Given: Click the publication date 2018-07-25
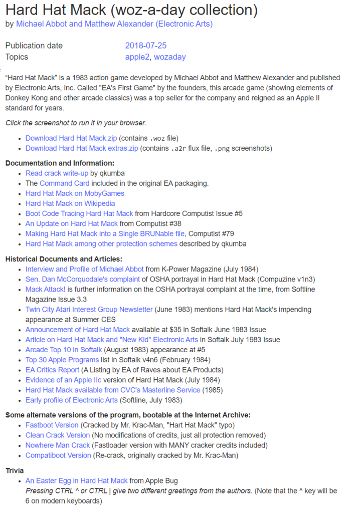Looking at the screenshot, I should click(x=145, y=46).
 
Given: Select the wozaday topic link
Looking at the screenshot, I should click(x=169, y=57).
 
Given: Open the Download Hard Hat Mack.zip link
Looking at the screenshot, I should click(x=71, y=138).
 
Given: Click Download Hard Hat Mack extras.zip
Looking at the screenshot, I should click(x=82, y=148).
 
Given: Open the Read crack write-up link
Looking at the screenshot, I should click(x=57, y=173).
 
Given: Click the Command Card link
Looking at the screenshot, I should click(x=64, y=183).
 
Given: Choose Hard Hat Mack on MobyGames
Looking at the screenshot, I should click(x=75, y=193).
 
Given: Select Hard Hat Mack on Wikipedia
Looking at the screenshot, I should click(x=70, y=203).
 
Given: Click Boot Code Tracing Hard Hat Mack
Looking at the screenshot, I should click(x=79, y=213).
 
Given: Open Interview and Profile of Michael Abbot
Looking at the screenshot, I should click(x=84, y=269).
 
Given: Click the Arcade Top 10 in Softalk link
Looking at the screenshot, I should click(x=64, y=350).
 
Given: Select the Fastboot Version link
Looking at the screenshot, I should click(x=52, y=425).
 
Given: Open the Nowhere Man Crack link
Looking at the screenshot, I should click(x=58, y=445).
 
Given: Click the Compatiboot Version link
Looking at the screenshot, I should click(x=58, y=455).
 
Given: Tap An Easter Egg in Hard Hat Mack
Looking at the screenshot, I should click(x=76, y=481).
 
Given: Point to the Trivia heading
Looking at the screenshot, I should click(x=14, y=471).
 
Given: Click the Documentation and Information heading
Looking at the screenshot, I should click(x=60, y=163).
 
